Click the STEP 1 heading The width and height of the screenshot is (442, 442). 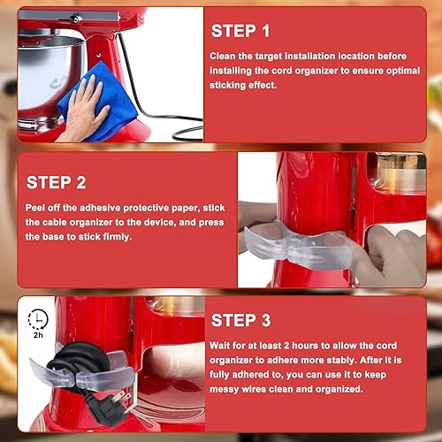tap(240, 31)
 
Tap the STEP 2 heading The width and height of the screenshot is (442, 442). tap(56, 182)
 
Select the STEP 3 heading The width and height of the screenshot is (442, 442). tap(240, 320)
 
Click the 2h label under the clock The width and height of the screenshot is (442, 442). tap(37, 337)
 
